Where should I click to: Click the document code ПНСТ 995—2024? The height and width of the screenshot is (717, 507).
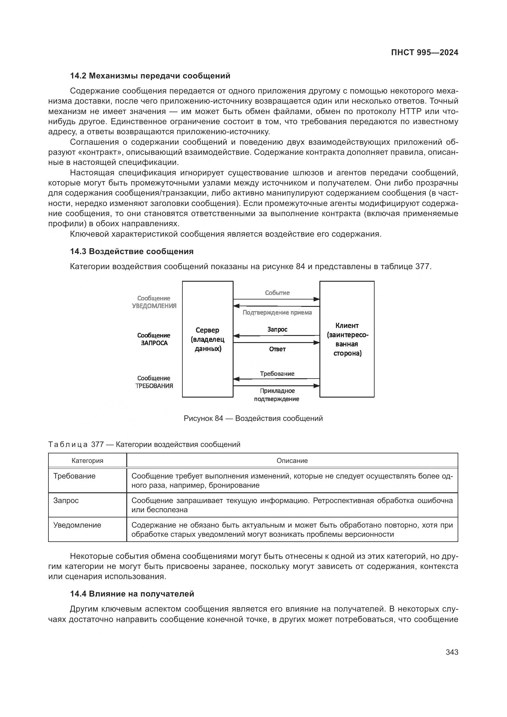click(424, 52)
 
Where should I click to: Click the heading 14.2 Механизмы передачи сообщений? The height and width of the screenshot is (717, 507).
click(150, 76)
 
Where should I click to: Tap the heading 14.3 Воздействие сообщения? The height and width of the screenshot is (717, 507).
click(132, 251)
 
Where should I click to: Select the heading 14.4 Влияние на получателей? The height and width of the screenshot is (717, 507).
click(132, 594)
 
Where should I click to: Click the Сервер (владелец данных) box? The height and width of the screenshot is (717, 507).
click(208, 339)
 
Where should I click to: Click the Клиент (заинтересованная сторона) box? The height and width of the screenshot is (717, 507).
click(347, 339)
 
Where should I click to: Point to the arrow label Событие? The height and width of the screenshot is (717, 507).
click(277, 293)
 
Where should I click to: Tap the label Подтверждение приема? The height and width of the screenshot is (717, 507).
click(277, 312)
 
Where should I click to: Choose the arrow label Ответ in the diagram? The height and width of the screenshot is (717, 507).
click(277, 349)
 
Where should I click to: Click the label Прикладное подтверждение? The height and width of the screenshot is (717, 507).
click(276, 395)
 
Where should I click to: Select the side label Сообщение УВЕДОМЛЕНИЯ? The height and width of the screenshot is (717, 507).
click(154, 302)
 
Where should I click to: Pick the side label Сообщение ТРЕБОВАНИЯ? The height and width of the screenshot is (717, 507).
click(154, 382)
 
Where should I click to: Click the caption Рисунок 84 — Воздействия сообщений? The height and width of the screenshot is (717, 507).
click(253, 418)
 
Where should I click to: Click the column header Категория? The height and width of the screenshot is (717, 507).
click(87, 461)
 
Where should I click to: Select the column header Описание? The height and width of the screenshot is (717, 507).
click(292, 461)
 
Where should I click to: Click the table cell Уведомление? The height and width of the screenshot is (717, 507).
click(77, 525)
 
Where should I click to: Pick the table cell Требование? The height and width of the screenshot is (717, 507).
click(74, 476)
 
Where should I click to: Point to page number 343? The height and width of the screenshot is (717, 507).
click(452, 652)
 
